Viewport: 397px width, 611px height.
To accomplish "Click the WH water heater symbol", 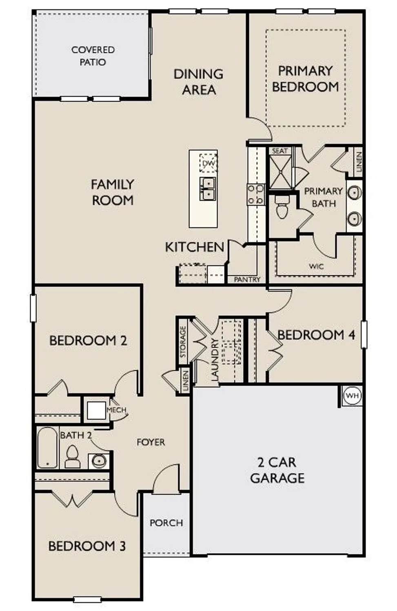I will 352,396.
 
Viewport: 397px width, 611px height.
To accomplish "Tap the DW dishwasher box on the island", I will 208,164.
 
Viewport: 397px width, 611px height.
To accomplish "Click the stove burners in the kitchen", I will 256,194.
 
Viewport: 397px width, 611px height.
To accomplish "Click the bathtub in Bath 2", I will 47,448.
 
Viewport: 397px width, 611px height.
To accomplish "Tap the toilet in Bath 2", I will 73,457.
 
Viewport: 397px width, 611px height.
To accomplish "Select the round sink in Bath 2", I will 99,461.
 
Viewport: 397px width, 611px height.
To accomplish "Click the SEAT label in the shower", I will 279,151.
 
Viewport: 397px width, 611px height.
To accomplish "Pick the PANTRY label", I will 247,279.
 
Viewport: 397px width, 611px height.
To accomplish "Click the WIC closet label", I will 316,266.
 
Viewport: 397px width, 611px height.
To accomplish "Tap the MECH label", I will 116,410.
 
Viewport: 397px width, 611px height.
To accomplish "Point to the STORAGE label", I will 183,341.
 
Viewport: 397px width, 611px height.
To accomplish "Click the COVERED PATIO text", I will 93,56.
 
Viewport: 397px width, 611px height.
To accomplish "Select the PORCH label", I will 166,523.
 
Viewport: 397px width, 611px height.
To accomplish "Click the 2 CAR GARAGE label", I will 277,470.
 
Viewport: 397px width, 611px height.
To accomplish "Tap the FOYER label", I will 151,442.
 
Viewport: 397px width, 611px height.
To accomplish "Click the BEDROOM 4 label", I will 316,335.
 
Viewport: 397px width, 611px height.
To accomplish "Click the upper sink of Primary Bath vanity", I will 354,192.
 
